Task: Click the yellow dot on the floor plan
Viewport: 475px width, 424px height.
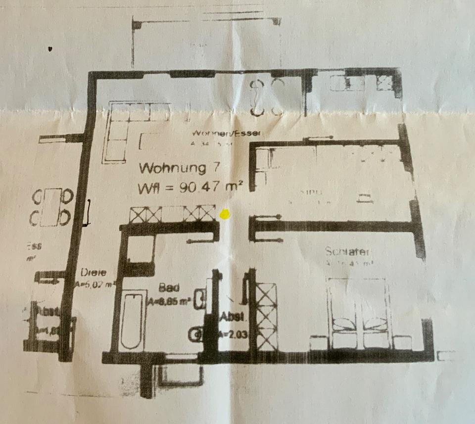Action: point(224,215)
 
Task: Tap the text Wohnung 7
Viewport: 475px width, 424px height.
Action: point(173,168)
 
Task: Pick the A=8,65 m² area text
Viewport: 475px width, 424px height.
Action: point(170,300)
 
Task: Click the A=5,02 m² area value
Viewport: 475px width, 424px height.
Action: point(95,284)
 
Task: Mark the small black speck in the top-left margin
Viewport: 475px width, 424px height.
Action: point(50,49)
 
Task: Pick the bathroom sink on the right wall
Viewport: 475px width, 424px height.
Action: point(200,299)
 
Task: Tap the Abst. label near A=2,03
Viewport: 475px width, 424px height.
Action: point(231,317)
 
